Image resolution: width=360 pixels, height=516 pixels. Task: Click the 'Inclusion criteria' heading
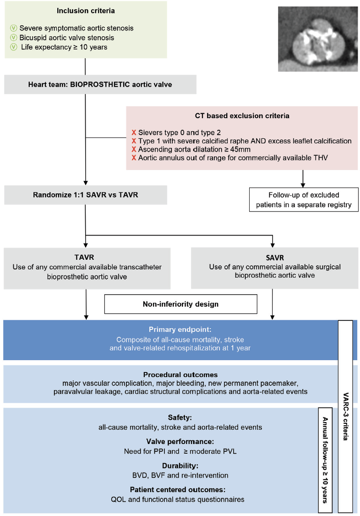(x=85, y=10)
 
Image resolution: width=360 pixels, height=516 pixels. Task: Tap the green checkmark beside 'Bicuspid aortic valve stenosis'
(x=13, y=37)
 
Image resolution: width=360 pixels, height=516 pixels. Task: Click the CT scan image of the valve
(x=317, y=39)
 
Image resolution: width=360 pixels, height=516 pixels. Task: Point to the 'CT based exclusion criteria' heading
(x=242, y=116)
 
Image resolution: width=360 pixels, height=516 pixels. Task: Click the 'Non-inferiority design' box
(x=180, y=304)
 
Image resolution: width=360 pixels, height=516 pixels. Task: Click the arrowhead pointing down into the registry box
(x=303, y=184)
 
